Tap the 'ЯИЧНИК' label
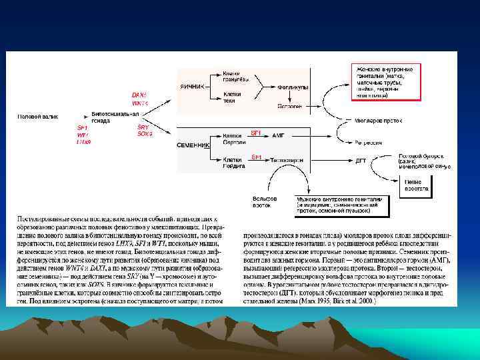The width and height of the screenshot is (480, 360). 193,87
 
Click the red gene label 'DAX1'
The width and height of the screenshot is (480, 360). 140,95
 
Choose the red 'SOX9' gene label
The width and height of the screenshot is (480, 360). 145,134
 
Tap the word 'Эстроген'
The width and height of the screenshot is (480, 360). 289,106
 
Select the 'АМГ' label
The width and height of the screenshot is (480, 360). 278,135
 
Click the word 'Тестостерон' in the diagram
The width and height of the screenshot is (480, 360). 288,161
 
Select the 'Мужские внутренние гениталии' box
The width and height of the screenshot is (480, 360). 341,205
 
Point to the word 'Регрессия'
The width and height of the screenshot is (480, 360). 369,143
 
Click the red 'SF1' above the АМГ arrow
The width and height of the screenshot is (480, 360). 255,133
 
